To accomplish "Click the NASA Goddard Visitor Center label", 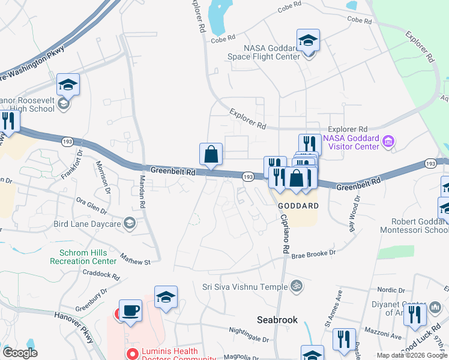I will pyautogui.click(x=351, y=142).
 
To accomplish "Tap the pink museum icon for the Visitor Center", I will pyautogui.click(x=388, y=142).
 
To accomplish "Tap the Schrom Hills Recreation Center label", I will pyautogui.click(x=88, y=257).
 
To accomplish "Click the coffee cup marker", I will pyautogui.click(x=130, y=311).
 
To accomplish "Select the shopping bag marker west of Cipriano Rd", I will pyautogui.click(x=211, y=154).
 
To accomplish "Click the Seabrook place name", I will pyautogui.click(x=277, y=320).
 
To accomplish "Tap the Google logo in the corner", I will pyautogui.click(x=20, y=353).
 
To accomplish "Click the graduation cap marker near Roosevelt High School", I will pyautogui.click(x=68, y=86).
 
